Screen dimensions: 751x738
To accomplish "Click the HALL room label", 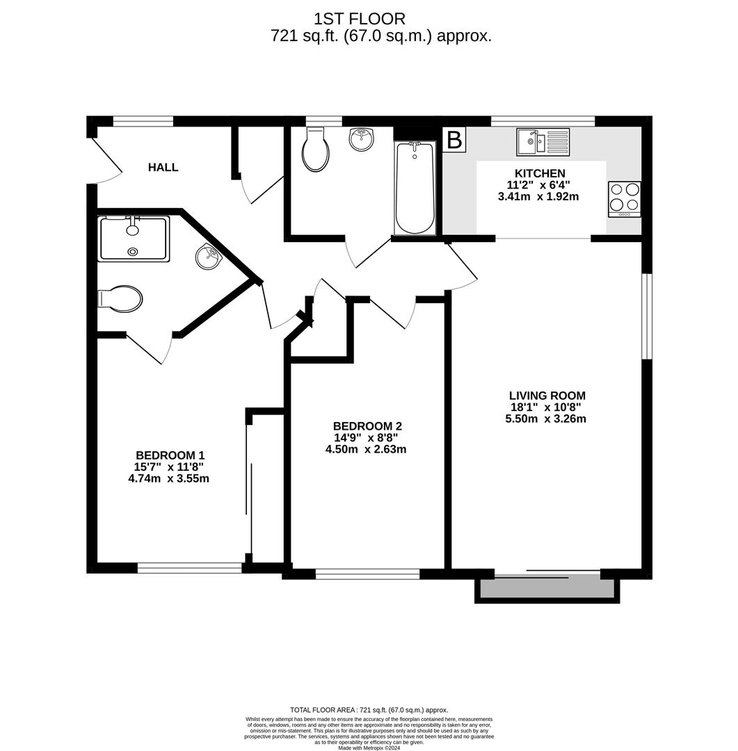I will click(163, 168).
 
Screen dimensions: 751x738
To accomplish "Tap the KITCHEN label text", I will click(539, 173).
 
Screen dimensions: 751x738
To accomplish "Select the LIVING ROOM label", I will click(547, 396).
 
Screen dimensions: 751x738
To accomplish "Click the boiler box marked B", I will click(454, 140).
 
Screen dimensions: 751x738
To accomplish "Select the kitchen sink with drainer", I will click(543, 142).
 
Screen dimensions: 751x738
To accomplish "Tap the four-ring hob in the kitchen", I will click(624, 198).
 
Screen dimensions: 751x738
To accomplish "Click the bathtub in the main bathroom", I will click(415, 188).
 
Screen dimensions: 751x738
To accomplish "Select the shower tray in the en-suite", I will click(134, 239).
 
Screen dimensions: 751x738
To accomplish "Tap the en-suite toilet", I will click(121, 298).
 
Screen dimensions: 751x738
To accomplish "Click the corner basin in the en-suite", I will click(208, 257).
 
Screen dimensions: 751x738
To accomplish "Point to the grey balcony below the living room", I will click(547, 588).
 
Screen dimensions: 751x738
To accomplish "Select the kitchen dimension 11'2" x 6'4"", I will click(539, 185).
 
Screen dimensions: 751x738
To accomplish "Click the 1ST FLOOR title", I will click(359, 19).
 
